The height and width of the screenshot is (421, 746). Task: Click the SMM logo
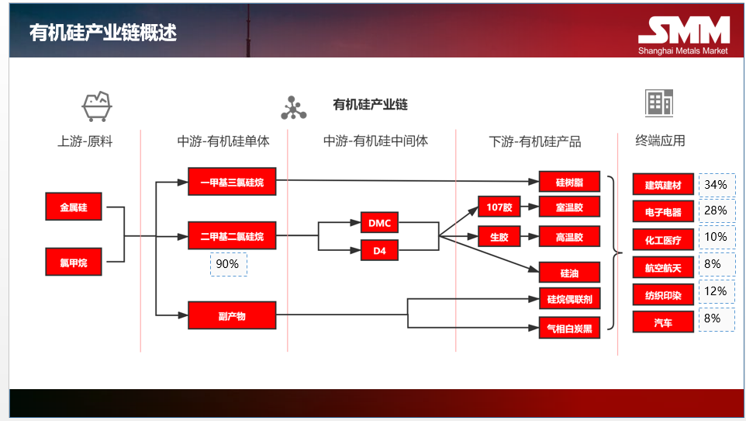click(683, 31)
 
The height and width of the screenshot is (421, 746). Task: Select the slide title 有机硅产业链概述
click(102, 32)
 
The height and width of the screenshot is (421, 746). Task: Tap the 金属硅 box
click(74, 207)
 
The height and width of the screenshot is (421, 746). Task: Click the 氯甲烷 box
click(74, 263)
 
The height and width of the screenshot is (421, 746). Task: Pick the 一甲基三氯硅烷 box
click(232, 182)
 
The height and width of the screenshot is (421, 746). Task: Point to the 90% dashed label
click(228, 264)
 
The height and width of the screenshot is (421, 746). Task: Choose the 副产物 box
click(232, 315)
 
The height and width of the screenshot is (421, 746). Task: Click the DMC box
click(380, 224)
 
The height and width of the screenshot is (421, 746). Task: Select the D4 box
click(380, 250)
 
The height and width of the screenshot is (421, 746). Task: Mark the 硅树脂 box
click(569, 183)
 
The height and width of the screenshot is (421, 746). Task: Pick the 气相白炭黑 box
click(569, 328)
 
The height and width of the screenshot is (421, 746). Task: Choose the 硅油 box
click(569, 273)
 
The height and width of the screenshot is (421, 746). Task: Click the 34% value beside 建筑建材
click(716, 185)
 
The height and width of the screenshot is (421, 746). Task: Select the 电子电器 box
click(663, 211)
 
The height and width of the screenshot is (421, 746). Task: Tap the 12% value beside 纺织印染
click(716, 291)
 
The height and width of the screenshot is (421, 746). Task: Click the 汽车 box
click(663, 320)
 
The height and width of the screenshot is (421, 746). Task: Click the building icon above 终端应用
click(659, 103)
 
